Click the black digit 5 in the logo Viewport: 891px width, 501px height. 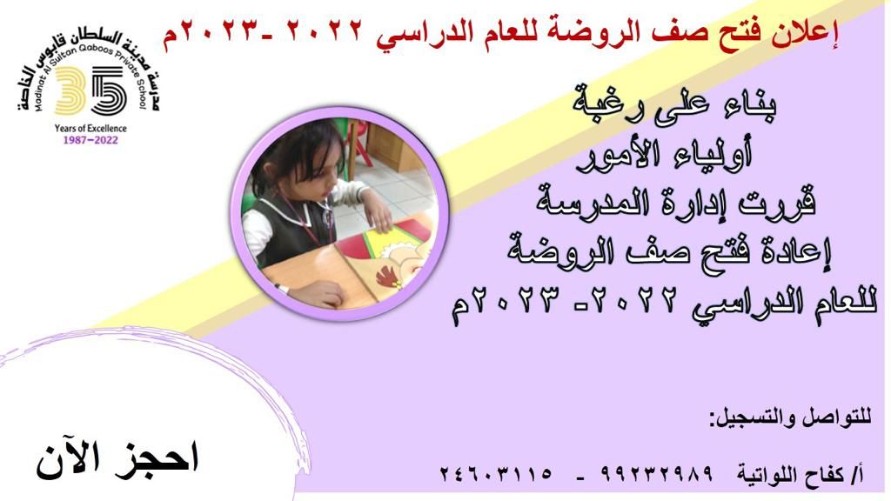pos(110,90)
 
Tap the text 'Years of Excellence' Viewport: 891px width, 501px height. pos(90,129)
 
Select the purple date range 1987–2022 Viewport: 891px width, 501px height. pos(90,140)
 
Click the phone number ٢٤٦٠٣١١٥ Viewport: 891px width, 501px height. pos(496,473)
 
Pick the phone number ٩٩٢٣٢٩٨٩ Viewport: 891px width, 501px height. pos(656,473)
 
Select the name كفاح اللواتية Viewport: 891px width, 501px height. pos(791,475)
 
